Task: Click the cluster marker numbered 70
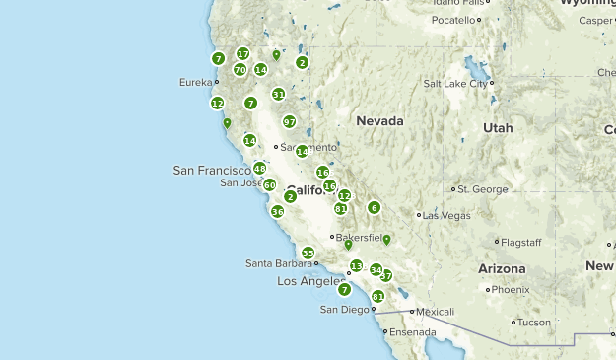[x=240, y=70]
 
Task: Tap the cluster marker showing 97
[x=289, y=121]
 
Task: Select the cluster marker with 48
[x=259, y=169]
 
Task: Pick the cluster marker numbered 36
[x=277, y=211]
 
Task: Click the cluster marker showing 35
[x=308, y=253]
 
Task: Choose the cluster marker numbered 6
[x=374, y=207]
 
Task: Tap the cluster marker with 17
[x=242, y=53]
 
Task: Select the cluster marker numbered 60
[x=269, y=184]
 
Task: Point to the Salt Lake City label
[x=455, y=84]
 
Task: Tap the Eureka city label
[x=196, y=83]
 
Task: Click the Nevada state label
[x=380, y=121]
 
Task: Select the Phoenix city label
[x=511, y=290]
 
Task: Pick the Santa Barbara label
[x=278, y=263]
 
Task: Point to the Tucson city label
[x=533, y=322]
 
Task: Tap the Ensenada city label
[x=411, y=332]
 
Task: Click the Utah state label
[x=498, y=128]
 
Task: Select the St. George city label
[x=482, y=188]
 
